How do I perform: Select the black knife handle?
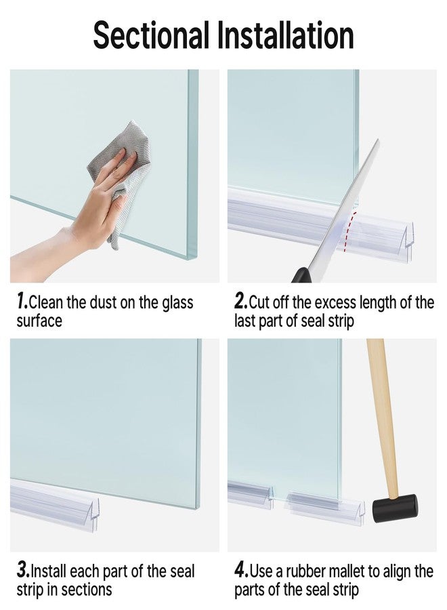click(x=300, y=275)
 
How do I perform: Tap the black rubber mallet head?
click(x=396, y=506)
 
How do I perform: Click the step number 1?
click(x=21, y=302)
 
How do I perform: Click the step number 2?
click(x=240, y=302)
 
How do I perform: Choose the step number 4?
click(x=241, y=571)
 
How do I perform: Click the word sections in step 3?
click(x=87, y=590)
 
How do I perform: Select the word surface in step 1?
click(x=39, y=321)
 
